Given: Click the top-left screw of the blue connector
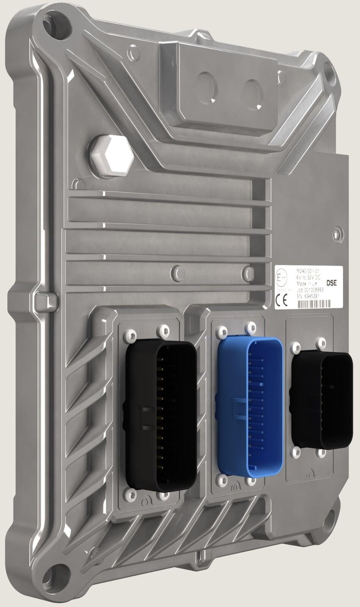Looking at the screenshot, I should click(x=222, y=332).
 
